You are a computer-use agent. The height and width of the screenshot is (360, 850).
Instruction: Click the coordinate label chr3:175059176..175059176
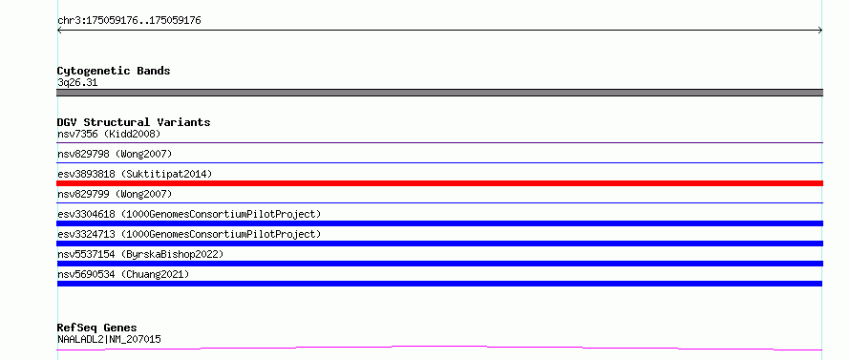(129, 21)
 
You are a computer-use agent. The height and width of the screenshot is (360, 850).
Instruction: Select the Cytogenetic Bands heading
(114, 71)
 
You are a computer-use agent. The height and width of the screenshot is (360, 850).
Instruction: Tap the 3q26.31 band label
(77, 83)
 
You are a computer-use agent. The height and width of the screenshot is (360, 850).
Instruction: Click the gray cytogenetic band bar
(439, 93)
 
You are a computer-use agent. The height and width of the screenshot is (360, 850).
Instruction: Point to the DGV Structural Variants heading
(134, 122)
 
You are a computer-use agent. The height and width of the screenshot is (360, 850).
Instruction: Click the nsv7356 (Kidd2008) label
(109, 134)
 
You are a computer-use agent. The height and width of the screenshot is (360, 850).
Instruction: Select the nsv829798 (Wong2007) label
(115, 154)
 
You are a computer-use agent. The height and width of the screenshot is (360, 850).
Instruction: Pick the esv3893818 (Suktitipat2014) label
(135, 174)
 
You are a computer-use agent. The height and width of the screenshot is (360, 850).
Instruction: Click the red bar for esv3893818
(439, 183)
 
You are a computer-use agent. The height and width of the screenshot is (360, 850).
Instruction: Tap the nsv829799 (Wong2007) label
(115, 194)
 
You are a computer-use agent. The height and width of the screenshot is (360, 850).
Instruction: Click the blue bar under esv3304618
(439, 223)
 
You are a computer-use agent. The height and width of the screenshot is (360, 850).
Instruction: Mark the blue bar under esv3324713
(439, 244)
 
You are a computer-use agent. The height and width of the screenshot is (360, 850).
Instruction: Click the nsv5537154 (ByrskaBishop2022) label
(139, 254)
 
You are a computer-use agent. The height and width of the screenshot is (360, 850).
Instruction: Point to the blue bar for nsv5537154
(439, 264)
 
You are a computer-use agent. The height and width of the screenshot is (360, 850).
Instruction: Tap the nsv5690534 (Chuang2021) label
(123, 274)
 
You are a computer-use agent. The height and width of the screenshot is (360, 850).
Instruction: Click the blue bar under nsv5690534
(439, 284)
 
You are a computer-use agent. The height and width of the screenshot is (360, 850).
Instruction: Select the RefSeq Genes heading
(96, 328)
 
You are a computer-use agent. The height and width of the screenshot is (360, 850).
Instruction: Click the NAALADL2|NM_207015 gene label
(109, 339)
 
